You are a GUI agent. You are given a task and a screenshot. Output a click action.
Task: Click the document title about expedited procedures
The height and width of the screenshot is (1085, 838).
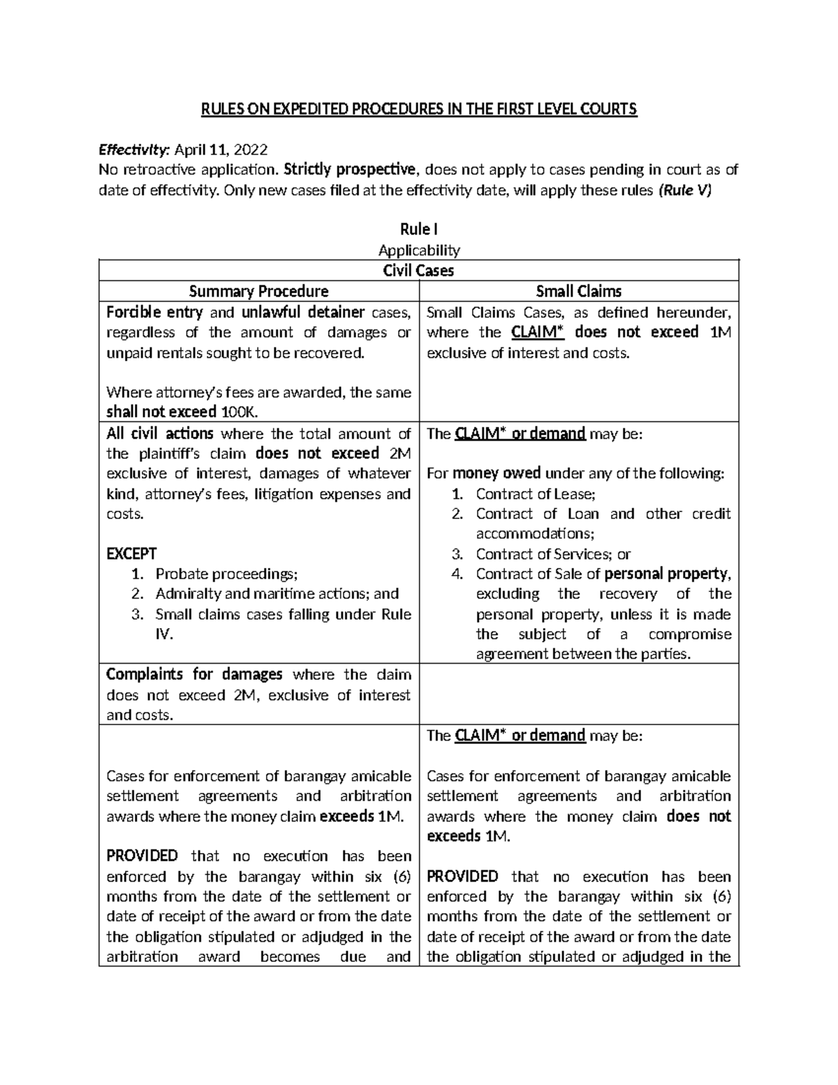(419, 109)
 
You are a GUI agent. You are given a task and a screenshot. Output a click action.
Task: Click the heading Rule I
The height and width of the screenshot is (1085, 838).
(418, 229)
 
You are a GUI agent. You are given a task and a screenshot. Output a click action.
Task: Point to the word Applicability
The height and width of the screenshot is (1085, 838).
(418, 250)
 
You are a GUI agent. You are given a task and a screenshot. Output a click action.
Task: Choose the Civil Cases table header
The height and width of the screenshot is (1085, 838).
(418, 270)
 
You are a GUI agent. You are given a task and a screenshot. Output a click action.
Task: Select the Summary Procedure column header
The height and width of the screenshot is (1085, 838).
(259, 291)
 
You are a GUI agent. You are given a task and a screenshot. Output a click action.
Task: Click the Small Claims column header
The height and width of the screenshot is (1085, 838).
(578, 291)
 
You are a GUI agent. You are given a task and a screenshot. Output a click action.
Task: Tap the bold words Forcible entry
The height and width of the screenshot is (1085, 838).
(154, 312)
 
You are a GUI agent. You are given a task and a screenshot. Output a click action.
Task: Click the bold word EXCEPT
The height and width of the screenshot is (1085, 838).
(131, 554)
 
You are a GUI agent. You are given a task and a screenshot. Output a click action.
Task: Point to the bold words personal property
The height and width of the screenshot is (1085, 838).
(667, 574)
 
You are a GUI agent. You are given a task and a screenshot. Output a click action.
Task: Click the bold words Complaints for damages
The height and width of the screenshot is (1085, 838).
(194, 675)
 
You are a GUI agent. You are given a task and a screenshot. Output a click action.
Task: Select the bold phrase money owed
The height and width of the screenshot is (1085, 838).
(494, 474)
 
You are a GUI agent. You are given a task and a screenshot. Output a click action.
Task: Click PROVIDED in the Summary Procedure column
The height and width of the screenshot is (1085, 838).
(142, 857)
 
